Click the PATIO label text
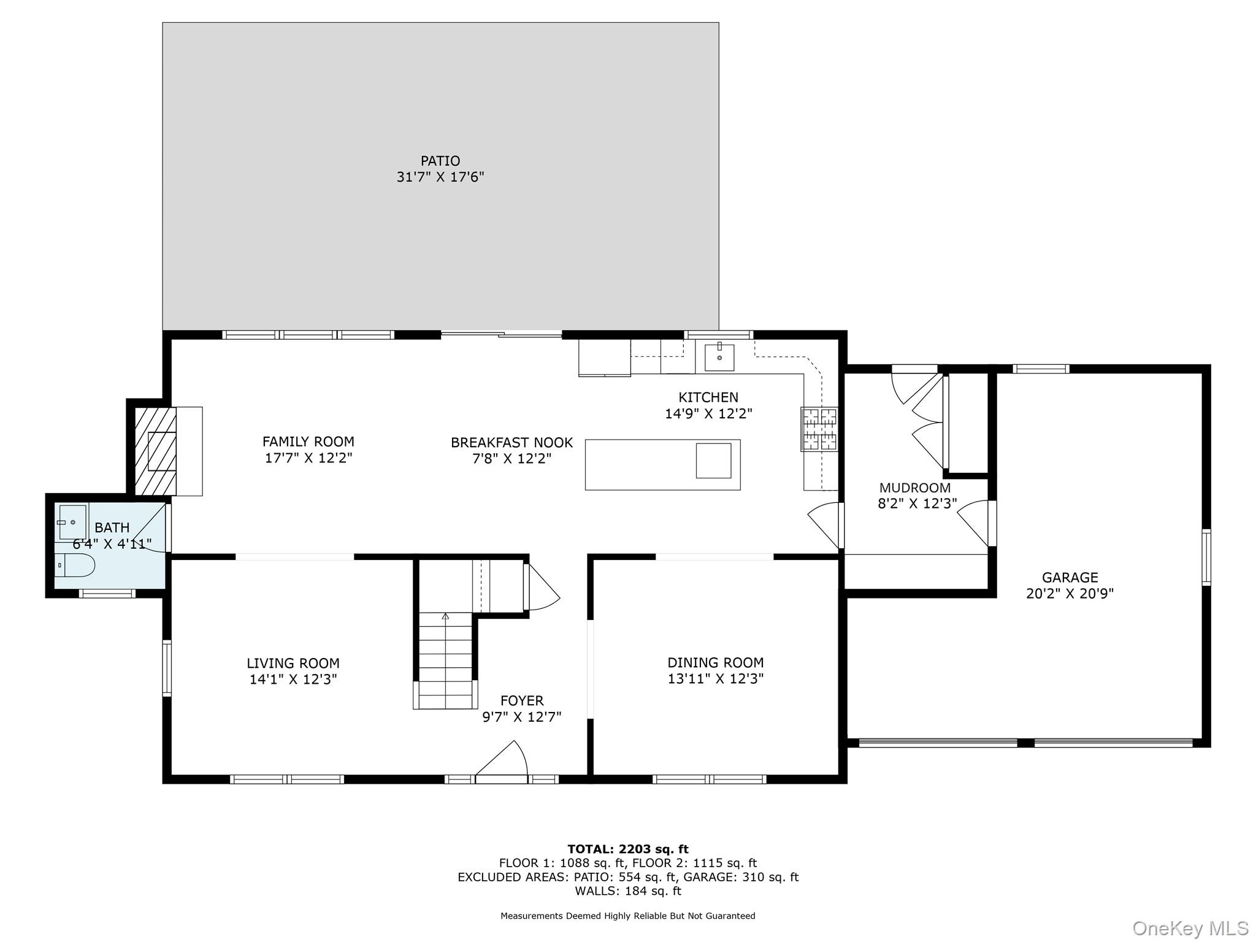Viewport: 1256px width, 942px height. pos(440,161)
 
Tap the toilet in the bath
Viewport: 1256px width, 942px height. pos(75,565)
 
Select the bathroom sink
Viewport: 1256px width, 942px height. pos(72,522)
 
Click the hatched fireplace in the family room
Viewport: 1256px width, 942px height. pos(155,451)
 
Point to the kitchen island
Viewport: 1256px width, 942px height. pos(662,464)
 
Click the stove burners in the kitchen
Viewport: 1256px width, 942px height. pos(819,429)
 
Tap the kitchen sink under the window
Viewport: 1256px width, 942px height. pos(719,357)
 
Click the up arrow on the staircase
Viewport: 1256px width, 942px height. pos(445,616)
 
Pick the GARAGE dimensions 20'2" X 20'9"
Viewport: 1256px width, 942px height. pos(1070,594)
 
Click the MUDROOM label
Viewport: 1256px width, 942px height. pos(914,488)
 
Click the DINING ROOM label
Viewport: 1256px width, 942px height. pos(715,662)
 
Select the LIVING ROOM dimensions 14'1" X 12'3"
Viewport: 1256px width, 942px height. pos(293,680)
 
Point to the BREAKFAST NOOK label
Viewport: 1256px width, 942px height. pos(511,442)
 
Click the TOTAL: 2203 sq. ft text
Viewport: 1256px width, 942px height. pos(627,849)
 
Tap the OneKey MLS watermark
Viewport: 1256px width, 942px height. pos(1190,928)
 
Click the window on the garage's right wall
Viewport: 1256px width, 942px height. pos(1206,557)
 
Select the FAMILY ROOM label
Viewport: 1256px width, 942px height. pos(308,442)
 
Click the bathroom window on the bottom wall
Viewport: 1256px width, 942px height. pos(107,593)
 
